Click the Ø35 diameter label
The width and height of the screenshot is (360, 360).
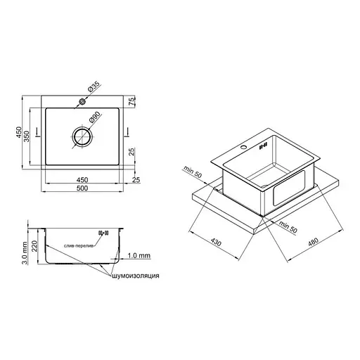pos(94,86)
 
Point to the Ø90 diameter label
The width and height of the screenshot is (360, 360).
pos(94,117)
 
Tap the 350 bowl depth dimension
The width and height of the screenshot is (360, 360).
pos(27,136)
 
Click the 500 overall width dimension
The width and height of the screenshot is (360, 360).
pos(82,188)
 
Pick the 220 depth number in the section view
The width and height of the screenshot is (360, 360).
pos(34,246)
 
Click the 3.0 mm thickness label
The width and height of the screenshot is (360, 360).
pos(25,253)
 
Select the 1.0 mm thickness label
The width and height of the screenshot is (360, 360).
pos(139,255)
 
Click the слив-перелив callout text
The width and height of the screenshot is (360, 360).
pos(79,246)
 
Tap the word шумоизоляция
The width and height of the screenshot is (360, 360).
pos(136,276)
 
